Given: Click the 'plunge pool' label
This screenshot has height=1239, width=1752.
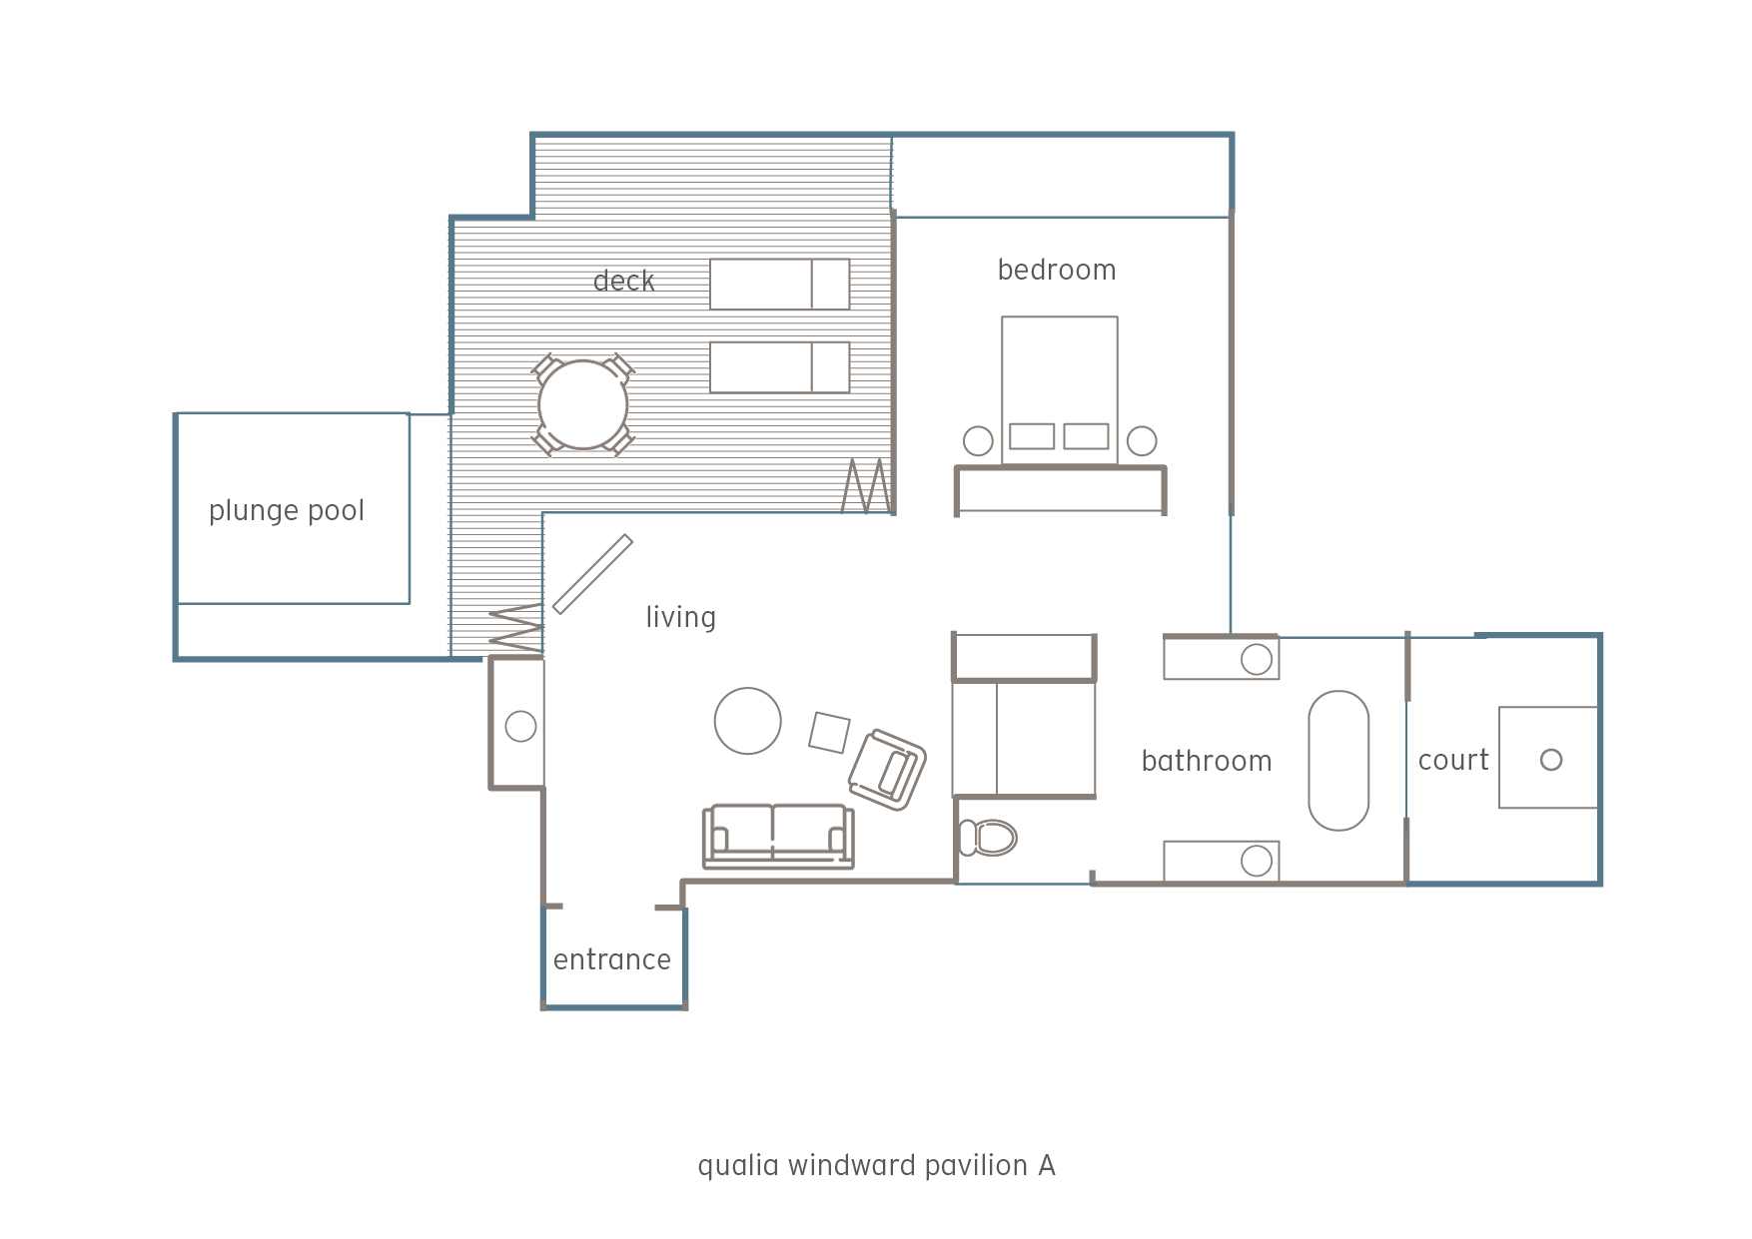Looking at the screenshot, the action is tap(287, 511).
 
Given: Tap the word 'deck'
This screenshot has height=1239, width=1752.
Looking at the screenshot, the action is tap(624, 281).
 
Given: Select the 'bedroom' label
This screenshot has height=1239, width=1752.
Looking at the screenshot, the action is tap(1057, 270).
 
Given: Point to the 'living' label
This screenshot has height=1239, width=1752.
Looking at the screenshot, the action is tap(681, 618).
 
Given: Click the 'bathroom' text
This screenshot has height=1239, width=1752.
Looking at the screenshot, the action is tap(1207, 761).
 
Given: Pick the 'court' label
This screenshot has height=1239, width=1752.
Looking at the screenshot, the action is tap(1453, 761).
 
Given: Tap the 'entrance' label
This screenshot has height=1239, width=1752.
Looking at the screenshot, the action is tap(612, 959).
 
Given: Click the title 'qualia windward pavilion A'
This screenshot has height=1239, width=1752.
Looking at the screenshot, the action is tap(876, 1165).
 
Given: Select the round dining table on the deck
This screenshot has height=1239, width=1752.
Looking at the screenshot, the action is tap(583, 404).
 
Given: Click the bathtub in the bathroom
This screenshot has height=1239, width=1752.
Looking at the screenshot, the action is tap(1338, 761).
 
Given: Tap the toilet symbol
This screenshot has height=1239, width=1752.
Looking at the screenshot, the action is tap(988, 838).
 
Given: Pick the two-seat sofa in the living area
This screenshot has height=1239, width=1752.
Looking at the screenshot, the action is tap(778, 836).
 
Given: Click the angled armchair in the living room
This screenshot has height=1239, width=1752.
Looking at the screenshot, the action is tap(887, 770).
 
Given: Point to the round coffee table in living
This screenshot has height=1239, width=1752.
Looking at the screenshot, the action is tap(748, 721).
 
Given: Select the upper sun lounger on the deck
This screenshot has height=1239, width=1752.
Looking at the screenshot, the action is tap(780, 285).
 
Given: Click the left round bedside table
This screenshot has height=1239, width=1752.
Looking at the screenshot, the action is tap(978, 440).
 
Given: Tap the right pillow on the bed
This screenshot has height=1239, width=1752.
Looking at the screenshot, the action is tap(1086, 436).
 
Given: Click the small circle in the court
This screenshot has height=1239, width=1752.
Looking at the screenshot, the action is tap(1551, 760).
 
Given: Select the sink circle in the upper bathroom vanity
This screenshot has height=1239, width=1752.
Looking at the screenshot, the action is tap(1257, 659).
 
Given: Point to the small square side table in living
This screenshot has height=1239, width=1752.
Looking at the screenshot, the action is tap(829, 733).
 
